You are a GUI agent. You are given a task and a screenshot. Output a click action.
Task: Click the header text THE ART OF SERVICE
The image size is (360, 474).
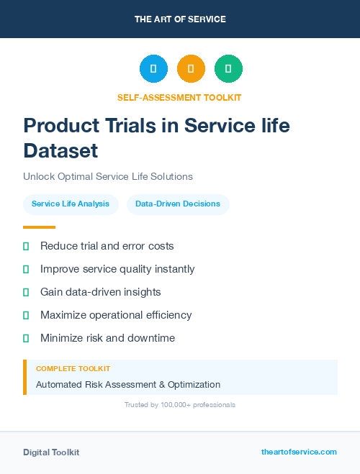[180, 19]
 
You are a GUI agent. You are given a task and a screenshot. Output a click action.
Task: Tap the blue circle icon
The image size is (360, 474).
[153, 69]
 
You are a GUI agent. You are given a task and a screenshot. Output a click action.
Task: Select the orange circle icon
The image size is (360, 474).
[191, 69]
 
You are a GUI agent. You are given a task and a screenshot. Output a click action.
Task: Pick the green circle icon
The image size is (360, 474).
[228, 69]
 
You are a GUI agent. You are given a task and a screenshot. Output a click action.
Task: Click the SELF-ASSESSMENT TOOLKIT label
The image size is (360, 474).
[179, 97]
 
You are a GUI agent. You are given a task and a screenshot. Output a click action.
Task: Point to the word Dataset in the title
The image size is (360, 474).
[60, 150]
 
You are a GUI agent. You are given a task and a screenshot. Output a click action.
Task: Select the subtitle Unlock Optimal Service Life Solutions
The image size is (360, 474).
[108, 176]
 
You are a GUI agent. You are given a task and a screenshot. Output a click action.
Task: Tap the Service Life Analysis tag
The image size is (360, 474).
[71, 204]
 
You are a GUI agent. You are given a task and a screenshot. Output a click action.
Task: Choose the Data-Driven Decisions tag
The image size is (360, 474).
[178, 204]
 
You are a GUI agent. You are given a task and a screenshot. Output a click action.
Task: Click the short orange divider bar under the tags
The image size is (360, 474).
[39, 227]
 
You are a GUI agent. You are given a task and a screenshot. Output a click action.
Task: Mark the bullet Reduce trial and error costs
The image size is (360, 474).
[107, 246]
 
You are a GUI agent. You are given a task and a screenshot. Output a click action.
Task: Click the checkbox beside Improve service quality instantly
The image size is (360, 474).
[26, 269]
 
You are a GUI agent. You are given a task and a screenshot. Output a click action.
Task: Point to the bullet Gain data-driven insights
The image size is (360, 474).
[100, 292]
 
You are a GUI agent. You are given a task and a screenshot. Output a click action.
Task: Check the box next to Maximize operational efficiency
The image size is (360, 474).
[26, 315]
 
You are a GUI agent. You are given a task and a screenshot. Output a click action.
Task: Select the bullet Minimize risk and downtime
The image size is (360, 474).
[107, 338]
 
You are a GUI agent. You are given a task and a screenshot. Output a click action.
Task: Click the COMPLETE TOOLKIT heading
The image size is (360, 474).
[73, 369]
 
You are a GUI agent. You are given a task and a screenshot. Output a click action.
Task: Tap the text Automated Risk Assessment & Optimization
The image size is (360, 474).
[128, 385]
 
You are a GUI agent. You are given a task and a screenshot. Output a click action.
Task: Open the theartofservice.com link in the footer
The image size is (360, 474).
[299, 452]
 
